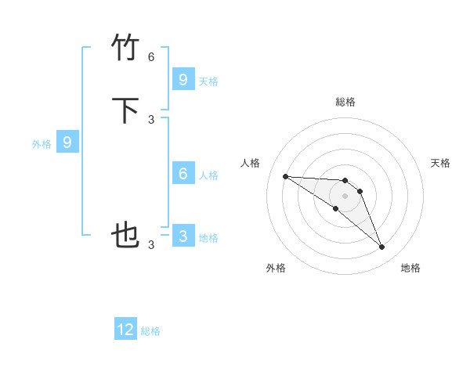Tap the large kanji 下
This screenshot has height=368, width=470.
tap(126, 110)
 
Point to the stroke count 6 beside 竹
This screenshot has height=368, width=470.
tap(151, 57)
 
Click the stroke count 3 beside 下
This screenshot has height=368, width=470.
tap(151, 119)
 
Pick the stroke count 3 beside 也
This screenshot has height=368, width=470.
tap(151, 244)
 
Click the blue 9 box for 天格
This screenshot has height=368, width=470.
tap(183, 80)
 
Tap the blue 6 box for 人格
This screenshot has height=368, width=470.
tap(183, 174)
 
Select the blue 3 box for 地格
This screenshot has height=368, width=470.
tap(183, 236)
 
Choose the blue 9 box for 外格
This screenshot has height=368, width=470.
tap(67, 143)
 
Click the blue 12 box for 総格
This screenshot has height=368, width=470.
tap(125, 330)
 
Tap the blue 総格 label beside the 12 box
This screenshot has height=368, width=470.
tap(150, 331)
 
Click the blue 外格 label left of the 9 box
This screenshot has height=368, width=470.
tap(42, 144)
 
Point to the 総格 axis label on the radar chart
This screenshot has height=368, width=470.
tap(345, 102)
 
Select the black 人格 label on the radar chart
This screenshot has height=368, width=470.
tap(250, 163)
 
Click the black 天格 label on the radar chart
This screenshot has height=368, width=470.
tap(440, 163)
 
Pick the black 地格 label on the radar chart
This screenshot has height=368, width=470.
tap(410, 268)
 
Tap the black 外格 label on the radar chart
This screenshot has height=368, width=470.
tap(276, 268)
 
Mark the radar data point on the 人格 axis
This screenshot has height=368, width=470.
tap(285, 176)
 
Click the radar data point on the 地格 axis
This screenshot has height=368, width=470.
tap(381, 247)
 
